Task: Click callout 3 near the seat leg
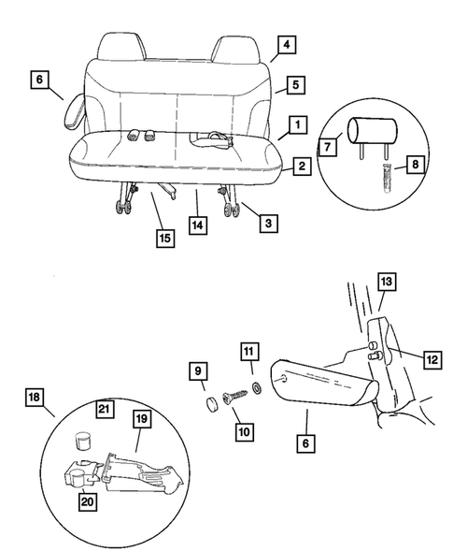click(x=268, y=223)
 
